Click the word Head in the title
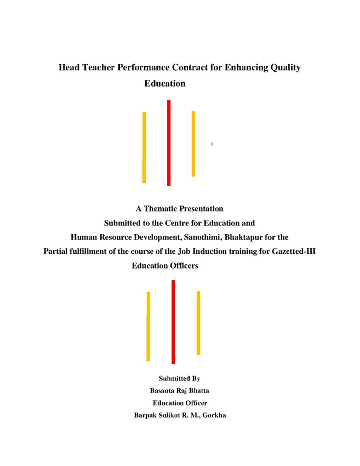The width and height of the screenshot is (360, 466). pos(69,67)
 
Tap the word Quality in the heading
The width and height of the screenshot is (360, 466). pos(285,68)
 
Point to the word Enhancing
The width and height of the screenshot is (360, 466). pos(246,68)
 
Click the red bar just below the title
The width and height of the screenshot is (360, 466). pos(169,143)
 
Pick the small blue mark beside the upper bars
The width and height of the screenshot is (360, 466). pos(212,144)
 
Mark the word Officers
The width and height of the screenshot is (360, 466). pos(185,266)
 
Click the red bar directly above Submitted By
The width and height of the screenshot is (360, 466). pos(173,322)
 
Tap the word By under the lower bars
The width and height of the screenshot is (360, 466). pos(196,379)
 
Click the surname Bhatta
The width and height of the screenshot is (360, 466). pos(199,390)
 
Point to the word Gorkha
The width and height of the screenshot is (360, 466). pos(214,415)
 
